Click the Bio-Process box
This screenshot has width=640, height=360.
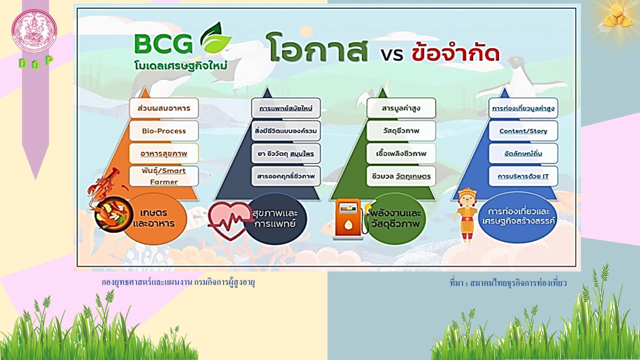(163, 130)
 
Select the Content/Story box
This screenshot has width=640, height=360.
(523, 131)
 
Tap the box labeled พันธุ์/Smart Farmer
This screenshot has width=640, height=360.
(163, 176)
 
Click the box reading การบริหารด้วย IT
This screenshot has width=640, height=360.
(523, 176)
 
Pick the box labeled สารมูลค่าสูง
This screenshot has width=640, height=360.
(401, 108)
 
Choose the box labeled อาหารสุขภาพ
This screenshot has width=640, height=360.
(163, 153)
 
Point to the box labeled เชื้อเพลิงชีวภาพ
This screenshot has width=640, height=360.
(401, 153)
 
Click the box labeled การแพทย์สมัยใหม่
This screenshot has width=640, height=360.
(285, 108)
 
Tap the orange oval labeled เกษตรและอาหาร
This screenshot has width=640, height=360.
(154, 218)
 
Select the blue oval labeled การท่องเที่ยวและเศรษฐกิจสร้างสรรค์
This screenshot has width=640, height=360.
(517, 217)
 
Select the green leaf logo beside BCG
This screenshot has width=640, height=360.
(215, 37)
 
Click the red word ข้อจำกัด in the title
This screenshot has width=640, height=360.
(455, 51)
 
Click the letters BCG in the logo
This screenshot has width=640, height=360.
(163, 43)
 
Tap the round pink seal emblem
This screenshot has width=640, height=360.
(34, 31)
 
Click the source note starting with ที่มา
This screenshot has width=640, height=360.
(508, 283)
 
